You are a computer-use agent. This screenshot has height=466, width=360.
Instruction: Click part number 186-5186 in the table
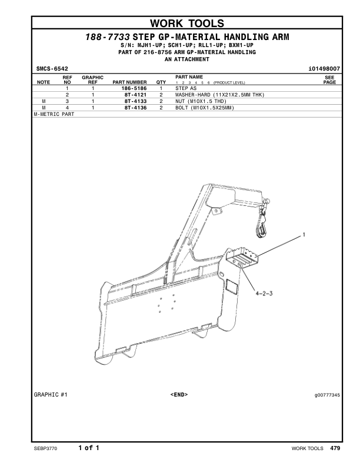pos(134,88)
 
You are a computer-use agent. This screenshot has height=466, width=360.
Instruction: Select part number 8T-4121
pos(135,95)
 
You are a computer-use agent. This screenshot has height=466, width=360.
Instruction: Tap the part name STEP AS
pos(186,88)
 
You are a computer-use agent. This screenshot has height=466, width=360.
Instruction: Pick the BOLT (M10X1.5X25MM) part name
pos(205,108)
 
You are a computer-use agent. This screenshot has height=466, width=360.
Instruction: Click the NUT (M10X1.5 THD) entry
pos(201,101)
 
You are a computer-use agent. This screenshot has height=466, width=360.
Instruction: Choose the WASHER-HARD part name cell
pos(219,95)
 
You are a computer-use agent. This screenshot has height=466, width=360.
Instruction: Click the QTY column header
pos(161,82)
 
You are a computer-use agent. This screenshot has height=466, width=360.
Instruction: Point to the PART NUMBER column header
pos(129,82)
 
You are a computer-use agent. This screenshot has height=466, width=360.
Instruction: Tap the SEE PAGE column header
pos(329,80)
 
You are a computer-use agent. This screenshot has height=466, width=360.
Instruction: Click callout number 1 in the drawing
pos(304,235)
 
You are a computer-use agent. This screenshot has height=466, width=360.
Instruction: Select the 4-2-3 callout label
pos(264,294)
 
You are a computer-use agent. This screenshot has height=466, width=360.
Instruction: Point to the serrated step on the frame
pos(242,257)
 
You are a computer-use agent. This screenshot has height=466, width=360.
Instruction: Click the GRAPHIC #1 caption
pos(51,395)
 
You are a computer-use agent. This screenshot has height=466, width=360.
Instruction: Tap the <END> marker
pos(179,395)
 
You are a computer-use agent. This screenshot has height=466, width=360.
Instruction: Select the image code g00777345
pos(327,395)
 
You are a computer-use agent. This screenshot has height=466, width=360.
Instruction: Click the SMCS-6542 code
pos(52,69)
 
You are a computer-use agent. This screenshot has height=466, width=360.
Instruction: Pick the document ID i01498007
pos(324,69)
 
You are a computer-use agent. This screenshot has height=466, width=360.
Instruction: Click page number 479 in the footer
pos(335,448)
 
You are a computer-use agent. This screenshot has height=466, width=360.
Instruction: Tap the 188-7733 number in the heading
pos(108,37)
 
